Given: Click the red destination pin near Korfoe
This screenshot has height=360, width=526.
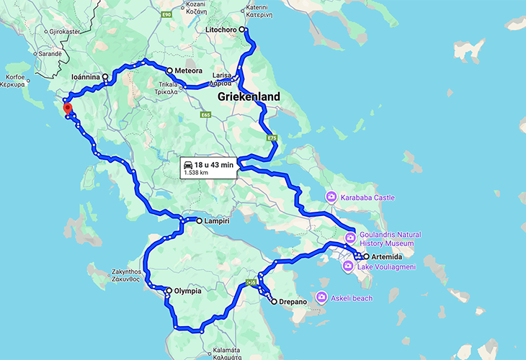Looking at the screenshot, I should [68, 109].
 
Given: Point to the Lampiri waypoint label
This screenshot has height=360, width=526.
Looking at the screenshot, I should [217, 221].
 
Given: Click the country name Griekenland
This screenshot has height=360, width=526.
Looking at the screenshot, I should [248, 96].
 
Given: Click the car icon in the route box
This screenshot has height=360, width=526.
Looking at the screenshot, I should [189, 165].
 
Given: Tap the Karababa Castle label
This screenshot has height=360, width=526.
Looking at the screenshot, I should [368, 197].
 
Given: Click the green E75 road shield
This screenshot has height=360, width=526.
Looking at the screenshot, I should [272, 138].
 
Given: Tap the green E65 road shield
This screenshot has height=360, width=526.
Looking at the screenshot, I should [206, 114].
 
